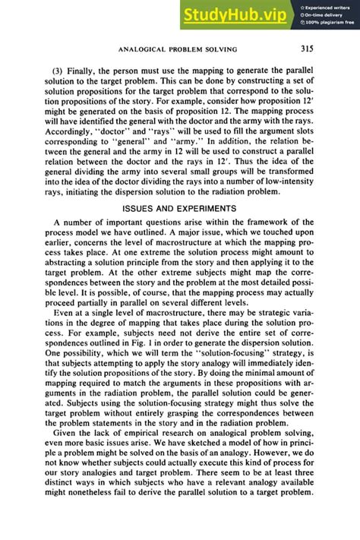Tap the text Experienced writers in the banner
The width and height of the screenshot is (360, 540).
point(329,6)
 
